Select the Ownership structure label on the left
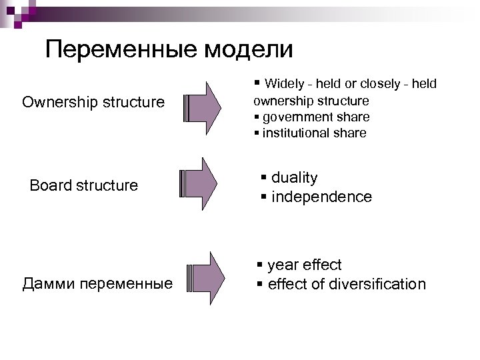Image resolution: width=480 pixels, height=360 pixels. (93, 102)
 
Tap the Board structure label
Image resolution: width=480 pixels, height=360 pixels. (84, 185)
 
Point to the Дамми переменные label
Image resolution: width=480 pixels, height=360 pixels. (97, 284)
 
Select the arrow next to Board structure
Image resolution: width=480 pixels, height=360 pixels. (199, 185)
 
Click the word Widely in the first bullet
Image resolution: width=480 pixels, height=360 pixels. (283, 84)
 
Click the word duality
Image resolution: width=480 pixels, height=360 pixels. (295, 178)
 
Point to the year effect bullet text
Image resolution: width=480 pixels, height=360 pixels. (304, 265)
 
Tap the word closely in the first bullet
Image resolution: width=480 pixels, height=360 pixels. (381, 84)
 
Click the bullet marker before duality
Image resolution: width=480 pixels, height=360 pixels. (264, 178)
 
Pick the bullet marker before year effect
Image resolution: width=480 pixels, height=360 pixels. (260, 265)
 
